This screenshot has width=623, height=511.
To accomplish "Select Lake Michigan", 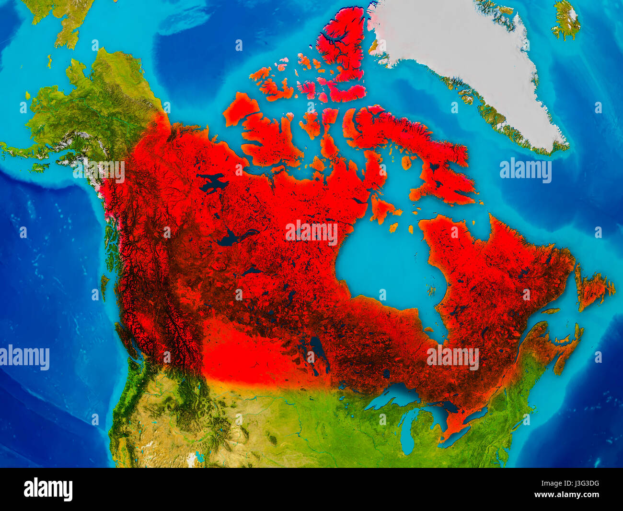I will pos(407,432).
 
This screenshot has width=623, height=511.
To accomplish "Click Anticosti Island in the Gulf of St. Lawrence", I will pos(551,310).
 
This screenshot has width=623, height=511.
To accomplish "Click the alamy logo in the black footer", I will pos(48,489).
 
